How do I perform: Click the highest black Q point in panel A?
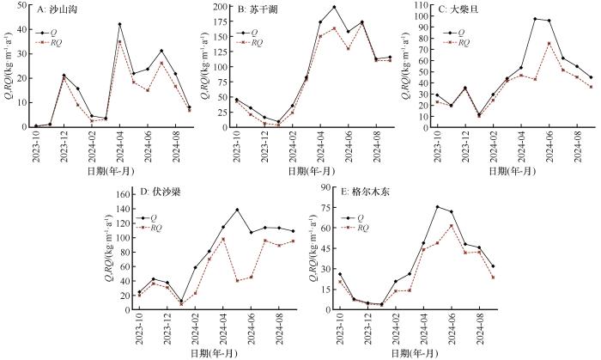(119, 24)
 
